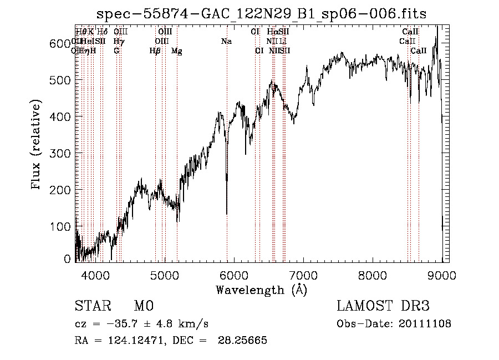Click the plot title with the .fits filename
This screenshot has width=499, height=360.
tap(261, 14)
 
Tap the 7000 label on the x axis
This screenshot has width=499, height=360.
tap(303, 275)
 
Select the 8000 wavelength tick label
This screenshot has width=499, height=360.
tap(373, 275)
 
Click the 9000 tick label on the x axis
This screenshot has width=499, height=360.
tap(442, 275)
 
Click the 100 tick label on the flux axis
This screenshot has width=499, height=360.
tap(61, 226)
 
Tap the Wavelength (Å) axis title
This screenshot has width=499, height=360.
tap(261, 290)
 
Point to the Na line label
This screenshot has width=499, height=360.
tap(226, 41)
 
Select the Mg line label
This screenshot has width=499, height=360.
tap(176, 51)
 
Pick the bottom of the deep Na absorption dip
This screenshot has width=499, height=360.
tap(227, 213)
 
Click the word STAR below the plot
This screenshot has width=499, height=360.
tap(92, 306)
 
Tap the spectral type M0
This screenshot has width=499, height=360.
tap(144, 306)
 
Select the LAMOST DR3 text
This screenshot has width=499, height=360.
tap(383, 306)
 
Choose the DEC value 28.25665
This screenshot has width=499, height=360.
tap(244, 341)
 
